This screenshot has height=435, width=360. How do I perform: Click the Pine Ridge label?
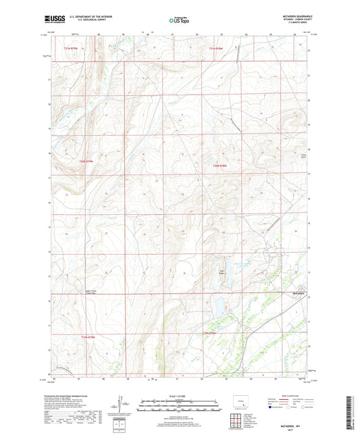coord(220,273)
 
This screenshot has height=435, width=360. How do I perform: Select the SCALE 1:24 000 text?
coord(179,396)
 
